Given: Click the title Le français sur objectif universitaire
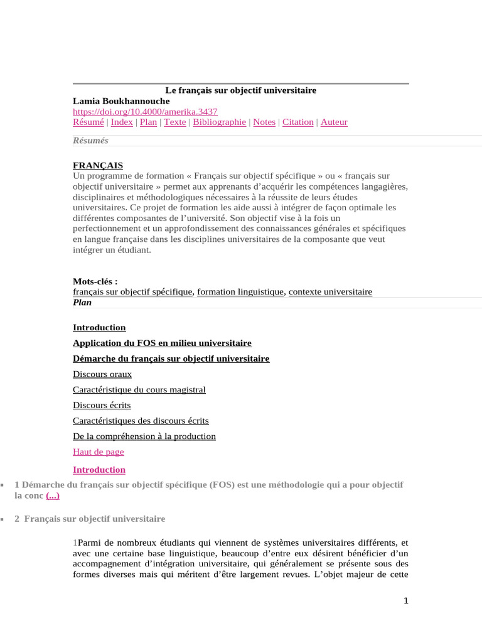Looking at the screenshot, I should point(240,90).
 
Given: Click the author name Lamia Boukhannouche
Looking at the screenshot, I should point(121,101).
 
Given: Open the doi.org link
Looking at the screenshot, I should point(145,112).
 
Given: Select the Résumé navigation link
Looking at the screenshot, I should point(88,122).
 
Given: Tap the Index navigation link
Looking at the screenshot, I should point(122,122).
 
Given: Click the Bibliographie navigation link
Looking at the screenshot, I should point(219,122).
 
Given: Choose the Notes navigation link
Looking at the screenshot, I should point(264,122).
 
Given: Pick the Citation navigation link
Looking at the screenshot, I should point(297,122).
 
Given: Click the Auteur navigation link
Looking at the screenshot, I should point(334,122).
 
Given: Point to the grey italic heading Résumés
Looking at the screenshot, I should point(90,141).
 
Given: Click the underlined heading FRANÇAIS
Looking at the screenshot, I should point(98,166).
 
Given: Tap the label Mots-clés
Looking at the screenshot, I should point(95,282).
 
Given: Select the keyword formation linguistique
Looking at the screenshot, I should point(240,292).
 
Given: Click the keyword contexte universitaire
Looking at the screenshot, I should point(330,292).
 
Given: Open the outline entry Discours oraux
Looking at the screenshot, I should point(102,374).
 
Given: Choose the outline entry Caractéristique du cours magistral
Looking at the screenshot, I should point(139,390).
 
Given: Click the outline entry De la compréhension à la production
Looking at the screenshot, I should point(144,436).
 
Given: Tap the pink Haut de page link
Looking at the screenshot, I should point(99,452).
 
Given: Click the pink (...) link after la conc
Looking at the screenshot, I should point(53,495).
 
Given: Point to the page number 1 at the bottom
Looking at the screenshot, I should point(406,601).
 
